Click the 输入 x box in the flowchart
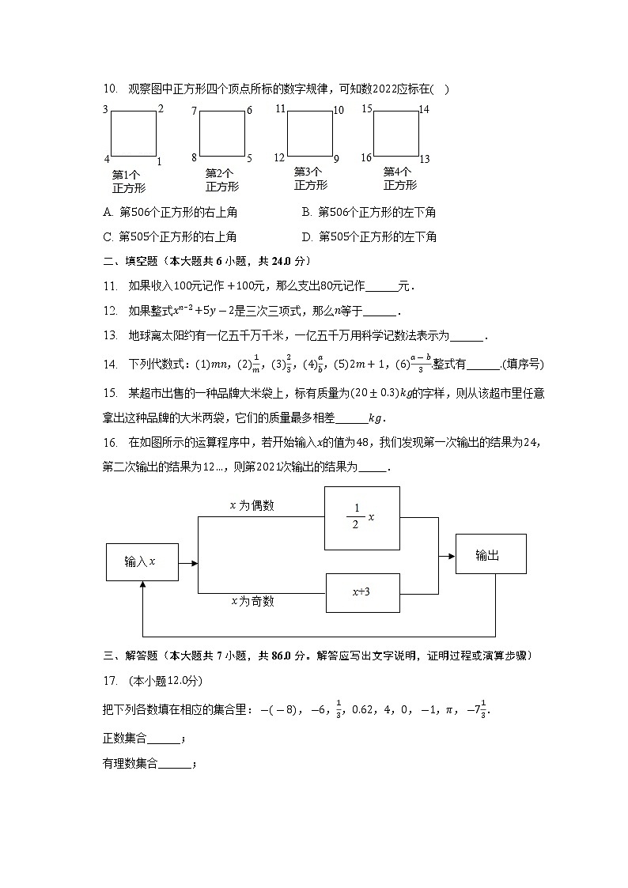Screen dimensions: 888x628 142,562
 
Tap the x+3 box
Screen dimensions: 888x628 362,592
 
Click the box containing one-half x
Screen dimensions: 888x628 362,517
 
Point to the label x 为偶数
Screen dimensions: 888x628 252,505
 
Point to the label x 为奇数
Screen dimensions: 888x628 252,601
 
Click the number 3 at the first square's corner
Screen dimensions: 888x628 105,110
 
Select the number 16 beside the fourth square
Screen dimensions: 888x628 366,158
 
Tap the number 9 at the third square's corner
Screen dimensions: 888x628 335,159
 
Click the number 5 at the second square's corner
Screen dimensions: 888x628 249,158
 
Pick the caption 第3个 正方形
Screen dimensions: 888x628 311,179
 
